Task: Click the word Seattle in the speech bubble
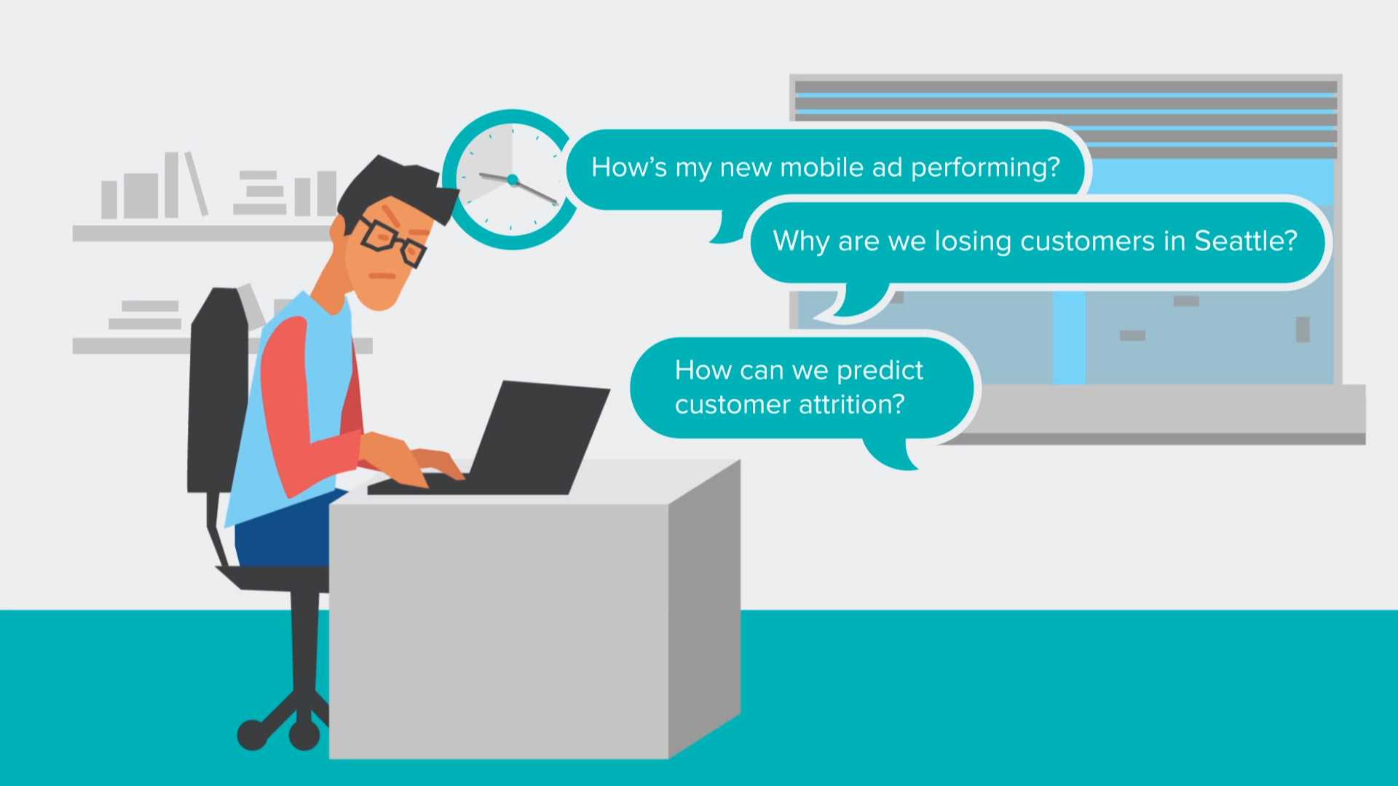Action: (x=1245, y=241)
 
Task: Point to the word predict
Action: (x=880, y=371)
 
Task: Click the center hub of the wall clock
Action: (x=513, y=180)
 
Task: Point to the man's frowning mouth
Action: (x=382, y=276)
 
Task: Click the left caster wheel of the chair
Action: (x=252, y=735)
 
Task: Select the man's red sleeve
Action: (x=306, y=408)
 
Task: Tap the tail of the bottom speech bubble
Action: (x=892, y=455)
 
